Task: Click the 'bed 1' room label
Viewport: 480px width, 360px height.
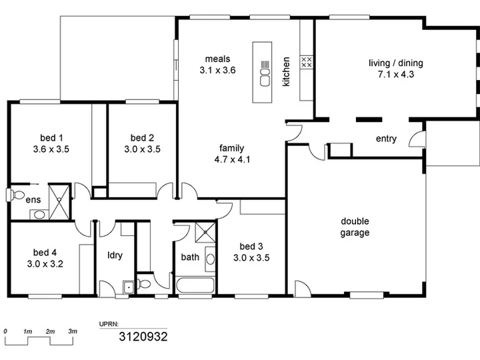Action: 51,138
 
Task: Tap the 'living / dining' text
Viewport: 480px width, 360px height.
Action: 396,63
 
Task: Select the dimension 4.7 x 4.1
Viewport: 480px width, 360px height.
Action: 232,159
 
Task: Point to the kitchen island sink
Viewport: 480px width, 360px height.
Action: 265,77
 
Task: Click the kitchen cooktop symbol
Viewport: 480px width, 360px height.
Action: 307,62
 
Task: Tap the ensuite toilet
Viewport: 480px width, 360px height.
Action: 15,195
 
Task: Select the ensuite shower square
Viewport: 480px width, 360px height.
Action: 59,201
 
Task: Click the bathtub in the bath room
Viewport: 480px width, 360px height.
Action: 195,285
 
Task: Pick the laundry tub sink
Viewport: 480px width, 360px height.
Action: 129,287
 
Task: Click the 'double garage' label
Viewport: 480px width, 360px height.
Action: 355,227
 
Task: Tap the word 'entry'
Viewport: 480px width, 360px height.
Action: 386,139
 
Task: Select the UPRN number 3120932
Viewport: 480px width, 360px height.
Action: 143,337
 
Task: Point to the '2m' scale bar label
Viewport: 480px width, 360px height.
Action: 50,331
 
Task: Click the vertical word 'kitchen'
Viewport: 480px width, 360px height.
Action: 286,71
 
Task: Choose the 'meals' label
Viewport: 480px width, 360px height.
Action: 217,59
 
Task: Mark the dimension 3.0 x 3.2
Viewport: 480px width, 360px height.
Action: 45,264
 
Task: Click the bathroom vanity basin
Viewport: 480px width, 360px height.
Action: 210,259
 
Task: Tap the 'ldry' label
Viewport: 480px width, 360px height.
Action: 115,255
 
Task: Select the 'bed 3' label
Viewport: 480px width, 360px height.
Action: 251,246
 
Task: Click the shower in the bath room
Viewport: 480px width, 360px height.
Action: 205,233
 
